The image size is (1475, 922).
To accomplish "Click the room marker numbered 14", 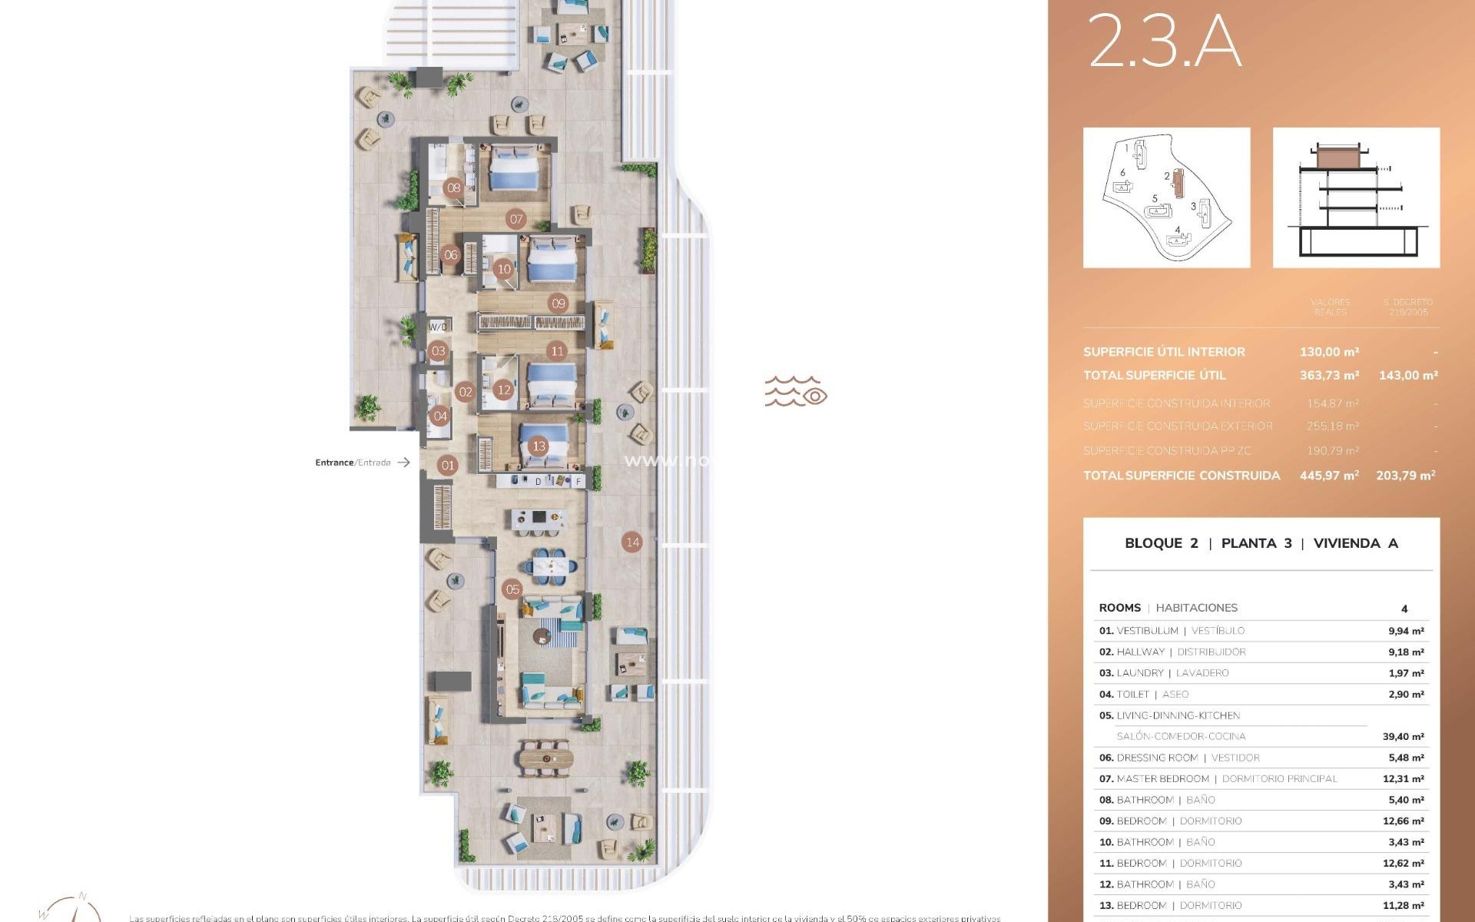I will pos(632,542).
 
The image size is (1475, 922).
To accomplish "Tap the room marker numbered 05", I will pos(512,589).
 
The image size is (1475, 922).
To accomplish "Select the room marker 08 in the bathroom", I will pos(454,187).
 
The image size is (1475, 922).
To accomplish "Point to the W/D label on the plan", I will pos(437,327).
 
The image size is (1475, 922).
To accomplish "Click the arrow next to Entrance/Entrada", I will pos(403,463).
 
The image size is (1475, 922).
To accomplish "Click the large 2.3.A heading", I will pos(1164,41).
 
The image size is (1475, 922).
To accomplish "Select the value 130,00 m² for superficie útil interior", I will pos(1329,352).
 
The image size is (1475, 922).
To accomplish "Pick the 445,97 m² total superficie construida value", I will pos(1329,476).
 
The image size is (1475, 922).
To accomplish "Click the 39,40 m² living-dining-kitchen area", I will pos(1403,736).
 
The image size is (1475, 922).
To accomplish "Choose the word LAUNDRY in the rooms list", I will pos(1140,672).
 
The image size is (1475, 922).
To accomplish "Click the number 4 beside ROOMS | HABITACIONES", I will pos(1404,609).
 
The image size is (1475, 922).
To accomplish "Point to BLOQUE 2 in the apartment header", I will pos(1161,543).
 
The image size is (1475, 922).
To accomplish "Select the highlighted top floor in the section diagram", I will pos(1338,158).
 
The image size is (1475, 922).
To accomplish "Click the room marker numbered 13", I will pos(539,446).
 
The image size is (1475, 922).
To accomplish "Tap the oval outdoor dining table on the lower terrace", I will pos(545,759).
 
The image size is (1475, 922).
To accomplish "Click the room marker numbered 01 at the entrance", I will pos(448,465).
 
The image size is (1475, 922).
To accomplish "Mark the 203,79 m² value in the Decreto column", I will pos(1405,476).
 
